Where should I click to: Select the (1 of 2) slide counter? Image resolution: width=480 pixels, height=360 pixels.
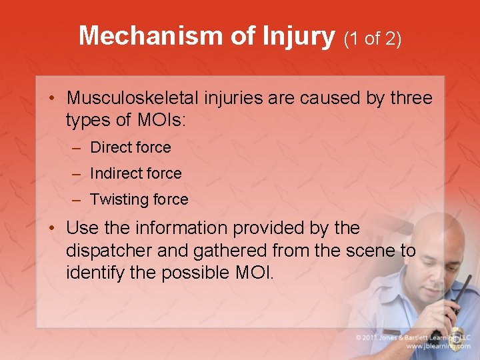tap(372, 39)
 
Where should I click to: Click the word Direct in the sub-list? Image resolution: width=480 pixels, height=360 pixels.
tap(110, 147)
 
